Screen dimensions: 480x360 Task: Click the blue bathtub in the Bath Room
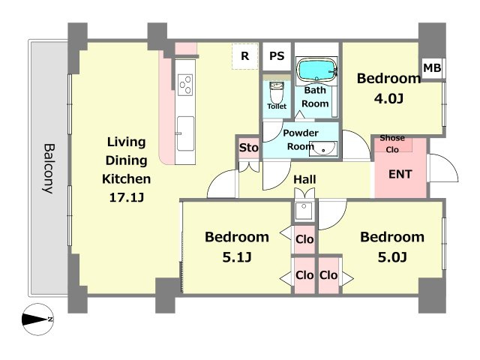[x=316, y=70]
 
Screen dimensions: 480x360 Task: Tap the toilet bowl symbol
[x=277, y=92]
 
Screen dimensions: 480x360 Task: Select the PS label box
[x=277, y=56]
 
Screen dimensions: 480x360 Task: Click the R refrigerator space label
[x=244, y=56]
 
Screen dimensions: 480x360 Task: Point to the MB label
[x=432, y=68]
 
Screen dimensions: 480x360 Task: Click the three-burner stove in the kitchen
[x=185, y=85]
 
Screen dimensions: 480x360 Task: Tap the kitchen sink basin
[x=185, y=133]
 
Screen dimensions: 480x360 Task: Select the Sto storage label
[x=248, y=148]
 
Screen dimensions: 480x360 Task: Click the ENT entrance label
[x=400, y=174]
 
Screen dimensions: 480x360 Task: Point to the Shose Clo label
[x=392, y=143]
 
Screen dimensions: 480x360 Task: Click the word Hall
[x=304, y=179]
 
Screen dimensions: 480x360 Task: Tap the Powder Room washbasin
[x=323, y=148]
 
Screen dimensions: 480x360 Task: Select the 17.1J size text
[x=127, y=197]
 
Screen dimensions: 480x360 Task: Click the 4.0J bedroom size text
[x=388, y=98]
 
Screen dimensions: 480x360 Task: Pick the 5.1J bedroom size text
[x=237, y=257]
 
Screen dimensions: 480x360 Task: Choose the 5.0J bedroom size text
[x=392, y=257]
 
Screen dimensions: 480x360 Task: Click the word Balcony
[x=48, y=168]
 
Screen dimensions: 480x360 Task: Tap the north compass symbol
[x=38, y=319]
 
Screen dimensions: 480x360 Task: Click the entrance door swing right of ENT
[x=443, y=168]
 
